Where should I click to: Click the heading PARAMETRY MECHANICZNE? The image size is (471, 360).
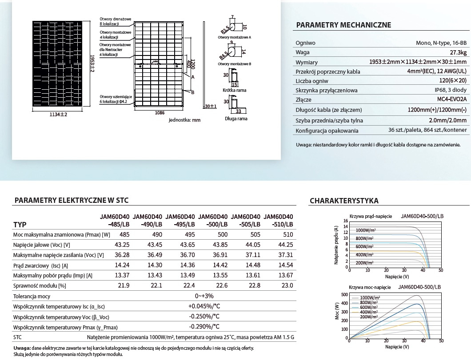(343, 25)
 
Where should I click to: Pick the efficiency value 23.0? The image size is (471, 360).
(287, 285)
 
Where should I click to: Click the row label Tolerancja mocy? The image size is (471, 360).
(32, 296)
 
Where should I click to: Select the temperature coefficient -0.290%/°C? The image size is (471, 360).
(204, 327)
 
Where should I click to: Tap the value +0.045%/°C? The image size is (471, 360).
(204, 306)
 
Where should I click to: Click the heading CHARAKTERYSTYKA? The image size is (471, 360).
(344, 201)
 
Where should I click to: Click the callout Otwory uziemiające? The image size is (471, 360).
(116, 96)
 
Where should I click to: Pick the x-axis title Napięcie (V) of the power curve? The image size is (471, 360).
(397, 347)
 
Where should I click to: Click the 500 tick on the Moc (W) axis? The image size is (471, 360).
(344, 295)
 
